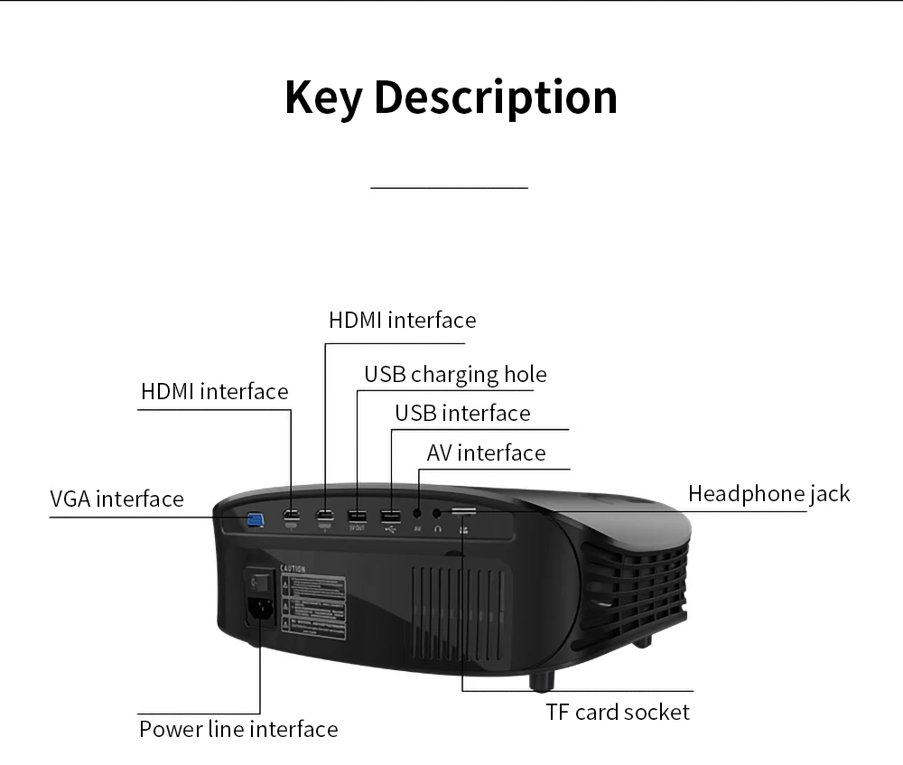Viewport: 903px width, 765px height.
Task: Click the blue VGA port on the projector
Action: (x=256, y=519)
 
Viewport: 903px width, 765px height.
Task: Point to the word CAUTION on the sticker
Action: (x=293, y=569)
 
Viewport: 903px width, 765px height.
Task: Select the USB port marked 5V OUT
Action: (x=357, y=518)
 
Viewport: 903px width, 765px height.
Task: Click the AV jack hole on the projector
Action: (x=417, y=515)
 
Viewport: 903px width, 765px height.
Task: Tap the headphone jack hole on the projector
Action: (x=438, y=515)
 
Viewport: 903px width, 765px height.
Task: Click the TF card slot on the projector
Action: (x=464, y=511)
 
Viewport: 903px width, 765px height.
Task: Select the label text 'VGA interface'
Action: (x=116, y=499)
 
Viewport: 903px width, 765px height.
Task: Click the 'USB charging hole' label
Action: (x=455, y=374)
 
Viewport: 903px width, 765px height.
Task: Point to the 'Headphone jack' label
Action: (x=768, y=493)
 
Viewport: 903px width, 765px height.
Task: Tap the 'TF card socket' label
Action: (x=618, y=712)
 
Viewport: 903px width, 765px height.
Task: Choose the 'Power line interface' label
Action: (x=238, y=729)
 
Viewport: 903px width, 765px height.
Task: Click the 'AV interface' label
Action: (x=486, y=452)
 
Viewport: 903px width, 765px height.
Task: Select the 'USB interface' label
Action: (x=462, y=414)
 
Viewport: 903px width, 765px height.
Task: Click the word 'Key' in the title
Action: (x=322, y=98)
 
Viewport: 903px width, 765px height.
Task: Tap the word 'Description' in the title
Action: (x=496, y=98)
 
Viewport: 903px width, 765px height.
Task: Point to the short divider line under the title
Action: (x=449, y=188)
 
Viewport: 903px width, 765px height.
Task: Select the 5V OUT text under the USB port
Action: (x=357, y=527)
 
